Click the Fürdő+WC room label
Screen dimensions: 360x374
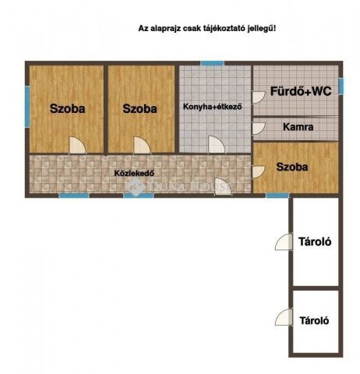pyautogui.click(x=301, y=91)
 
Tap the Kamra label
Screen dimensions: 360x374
pyautogui.click(x=298, y=127)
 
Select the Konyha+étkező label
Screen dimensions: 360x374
pyautogui.click(x=213, y=107)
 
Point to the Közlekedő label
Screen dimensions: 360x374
pyautogui.click(x=134, y=173)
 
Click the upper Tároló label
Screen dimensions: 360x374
pyautogui.click(x=315, y=242)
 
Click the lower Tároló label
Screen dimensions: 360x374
pyautogui.click(x=314, y=320)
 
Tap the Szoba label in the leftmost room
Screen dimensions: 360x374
pyautogui.click(x=67, y=108)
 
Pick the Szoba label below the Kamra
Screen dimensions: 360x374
pyautogui.click(x=292, y=167)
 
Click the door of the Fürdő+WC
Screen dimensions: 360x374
pyautogui.click(x=259, y=97)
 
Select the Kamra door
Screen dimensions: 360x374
pyautogui.click(x=259, y=129)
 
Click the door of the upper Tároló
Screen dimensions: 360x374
pyautogui.click(x=284, y=242)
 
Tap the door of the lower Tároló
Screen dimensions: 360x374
pyautogui.click(x=284, y=317)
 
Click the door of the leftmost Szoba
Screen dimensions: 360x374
pyautogui.click(x=77, y=146)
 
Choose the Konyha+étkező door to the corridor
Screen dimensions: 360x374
pyautogui.click(x=217, y=145)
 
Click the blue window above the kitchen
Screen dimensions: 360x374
pyautogui.click(x=213, y=63)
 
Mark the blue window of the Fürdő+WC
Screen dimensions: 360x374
pyautogui.click(x=341, y=86)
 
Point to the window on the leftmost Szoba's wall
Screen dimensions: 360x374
pyautogui.click(x=27, y=107)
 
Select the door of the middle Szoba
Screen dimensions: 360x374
pyautogui.click(x=142, y=146)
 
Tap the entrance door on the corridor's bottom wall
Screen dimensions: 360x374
pyautogui.click(x=223, y=186)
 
